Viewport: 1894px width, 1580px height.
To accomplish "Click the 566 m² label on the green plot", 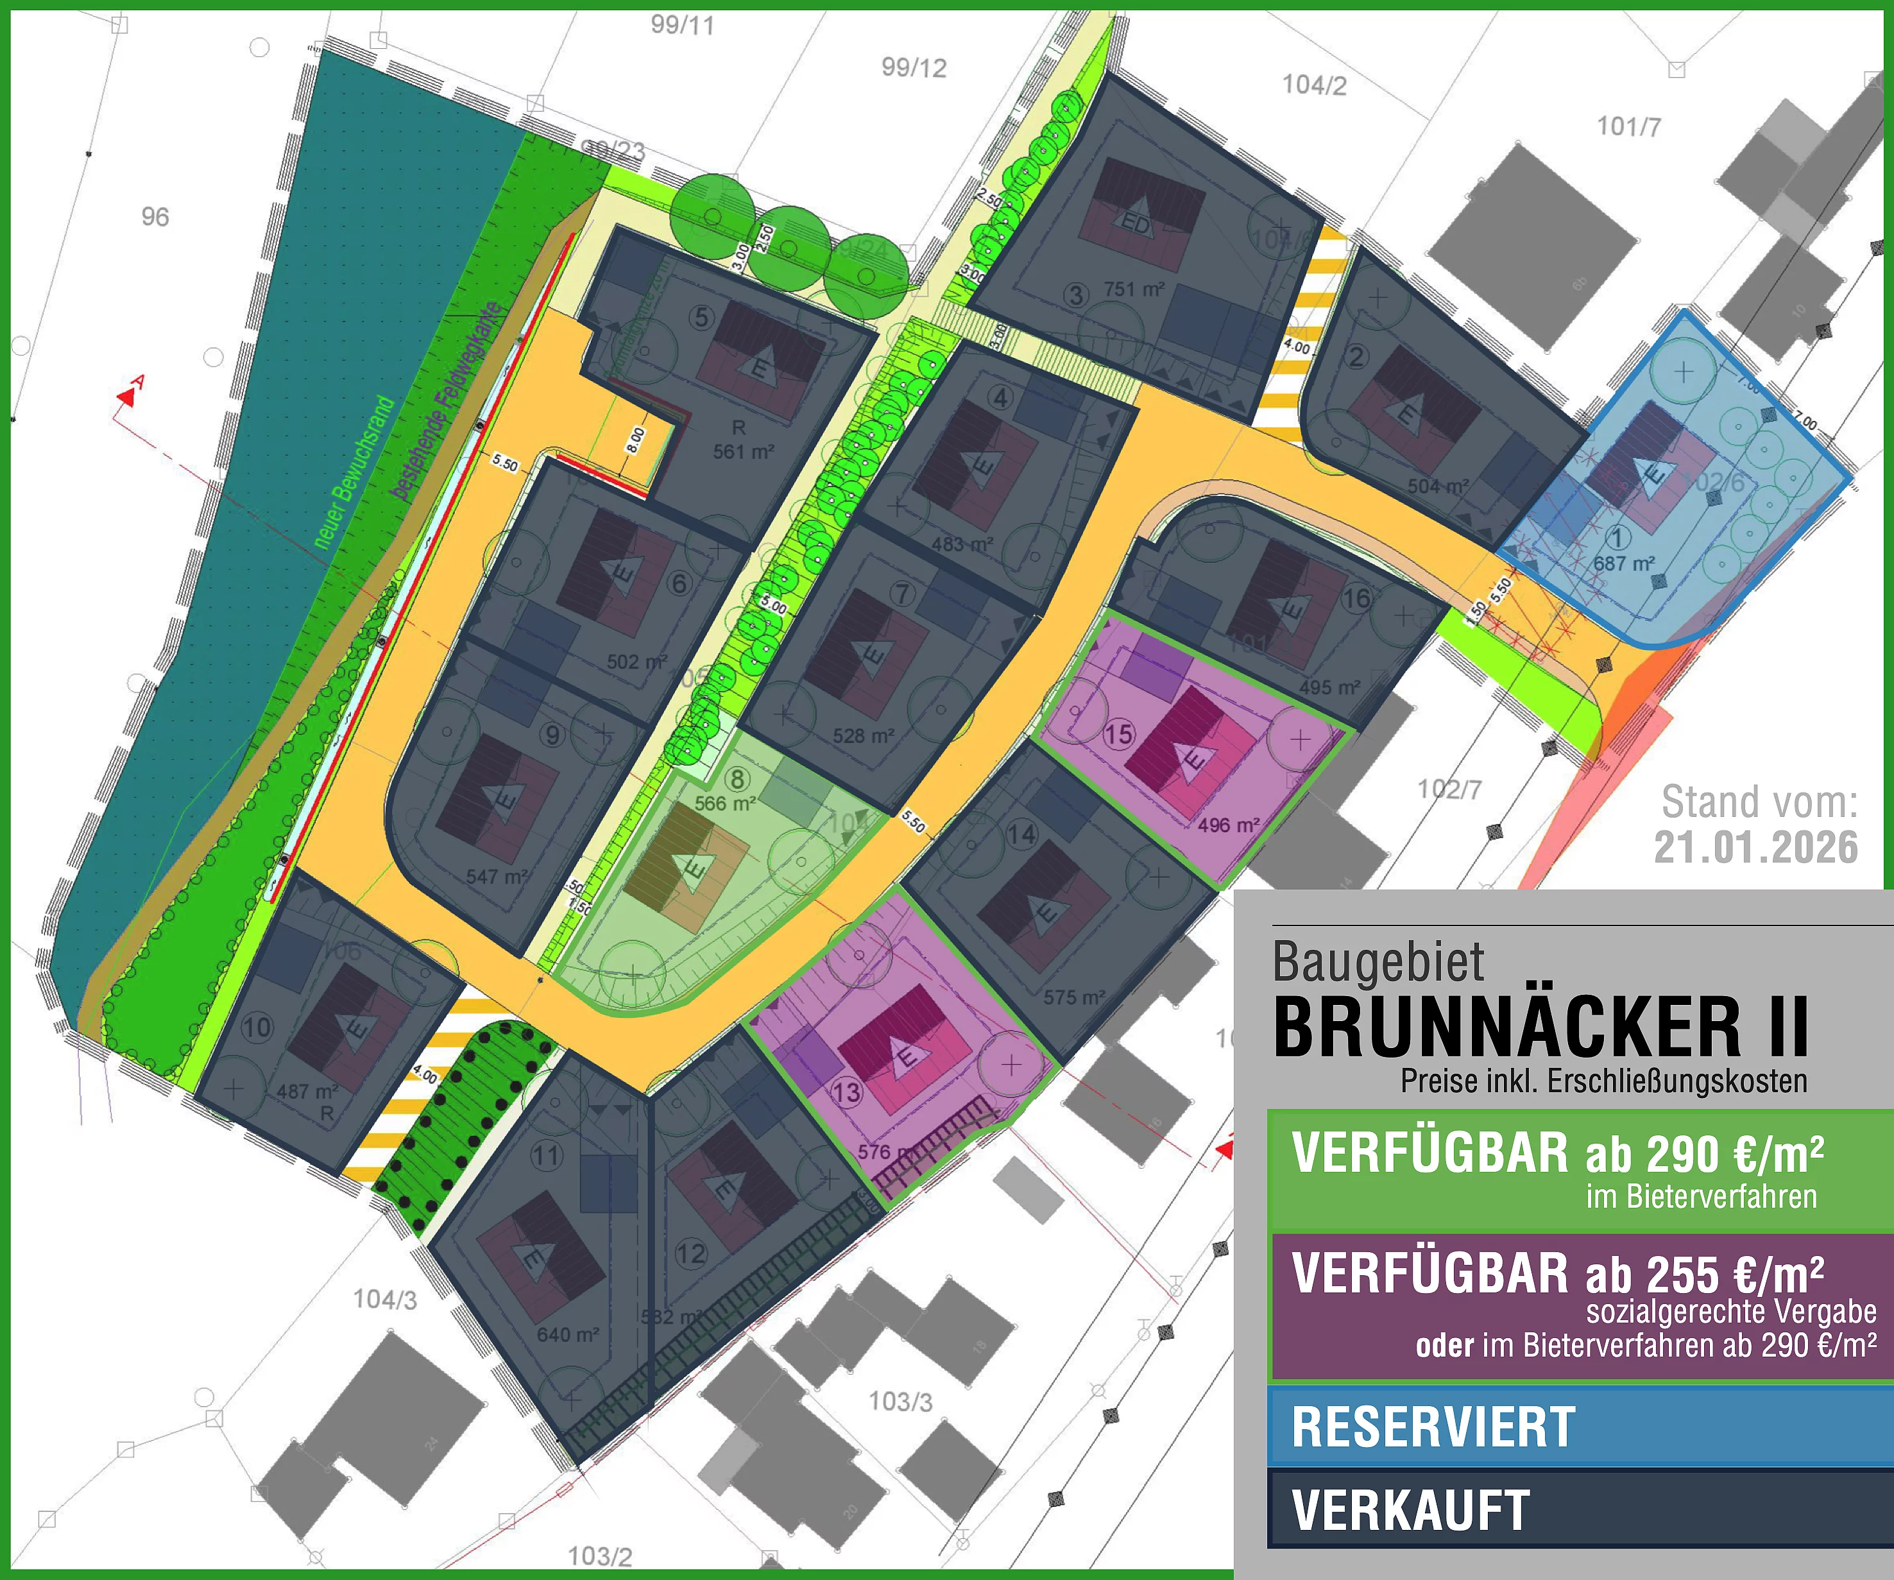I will [x=725, y=803].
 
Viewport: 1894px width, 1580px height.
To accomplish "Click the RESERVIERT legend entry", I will [x=1433, y=1427].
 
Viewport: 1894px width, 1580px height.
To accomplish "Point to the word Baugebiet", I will [x=1378, y=962].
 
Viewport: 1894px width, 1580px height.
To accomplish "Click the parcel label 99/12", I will [x=914, y=67].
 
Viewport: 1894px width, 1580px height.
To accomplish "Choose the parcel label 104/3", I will [x=385, y=1300].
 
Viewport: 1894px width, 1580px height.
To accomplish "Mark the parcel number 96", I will [x=155, y=216].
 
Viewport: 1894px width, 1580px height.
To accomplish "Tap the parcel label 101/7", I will [x=1629, y=126].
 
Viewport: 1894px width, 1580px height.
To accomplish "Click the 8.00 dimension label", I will [x=636, y=440].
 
